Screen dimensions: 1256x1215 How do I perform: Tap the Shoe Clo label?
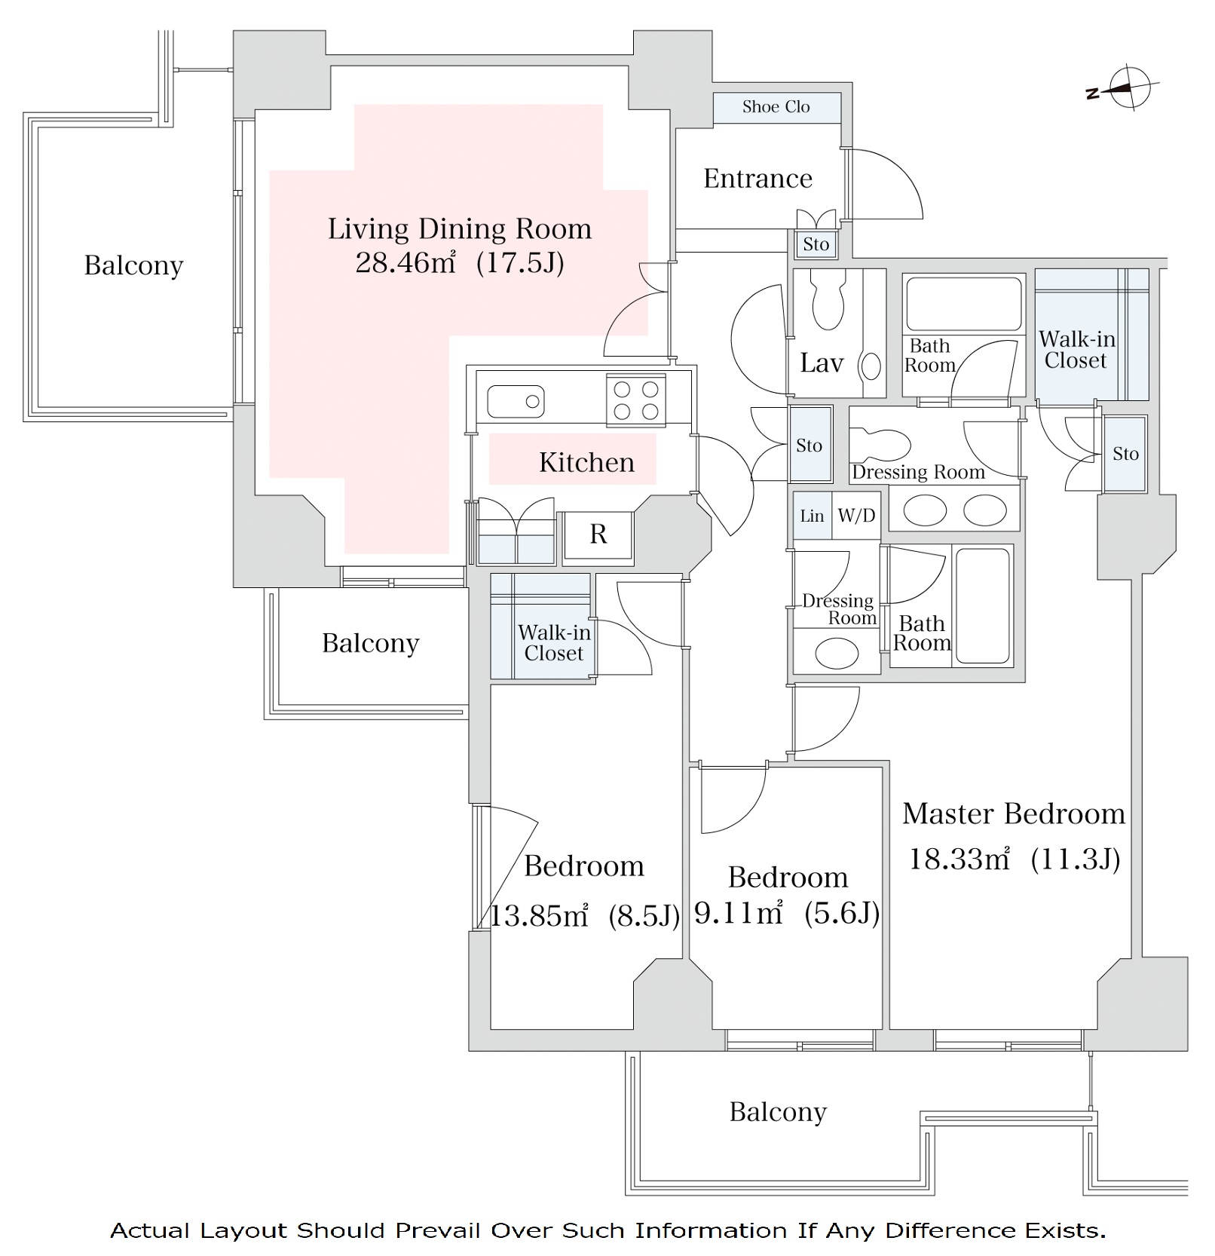776,107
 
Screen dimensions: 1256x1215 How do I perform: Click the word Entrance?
757,179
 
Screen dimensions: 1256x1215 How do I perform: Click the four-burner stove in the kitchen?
635,400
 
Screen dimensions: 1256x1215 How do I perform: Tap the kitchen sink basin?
516,401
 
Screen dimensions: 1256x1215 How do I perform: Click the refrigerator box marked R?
598,535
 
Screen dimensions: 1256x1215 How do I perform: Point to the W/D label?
856,516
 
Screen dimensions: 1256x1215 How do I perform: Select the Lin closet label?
812,516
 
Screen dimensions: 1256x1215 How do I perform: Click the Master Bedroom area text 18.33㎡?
959,859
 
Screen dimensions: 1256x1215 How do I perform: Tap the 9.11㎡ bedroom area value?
738,914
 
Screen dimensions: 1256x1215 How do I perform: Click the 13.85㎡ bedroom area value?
539,916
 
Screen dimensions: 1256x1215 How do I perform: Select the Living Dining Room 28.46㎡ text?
406,263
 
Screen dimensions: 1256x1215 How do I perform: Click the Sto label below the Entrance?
816,244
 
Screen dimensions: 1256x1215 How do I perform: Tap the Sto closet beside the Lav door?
809,446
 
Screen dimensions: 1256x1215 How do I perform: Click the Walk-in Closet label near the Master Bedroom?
1076,350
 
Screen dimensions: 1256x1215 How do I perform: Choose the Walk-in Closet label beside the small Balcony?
554,643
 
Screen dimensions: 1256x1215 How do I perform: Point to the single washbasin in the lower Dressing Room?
837,653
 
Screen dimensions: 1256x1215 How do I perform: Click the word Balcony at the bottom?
778,1112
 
